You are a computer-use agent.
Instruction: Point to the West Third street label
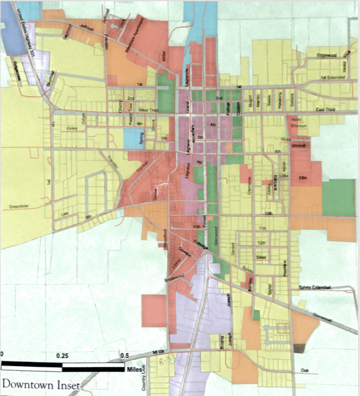tap(148, 110)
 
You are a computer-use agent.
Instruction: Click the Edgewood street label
tap(326, 55)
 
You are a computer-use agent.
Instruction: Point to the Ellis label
tap(303, 177)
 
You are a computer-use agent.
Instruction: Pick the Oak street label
tap(304, 370)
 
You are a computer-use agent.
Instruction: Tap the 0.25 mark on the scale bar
tap(62, 356)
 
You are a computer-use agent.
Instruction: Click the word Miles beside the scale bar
tap(133, 370)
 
